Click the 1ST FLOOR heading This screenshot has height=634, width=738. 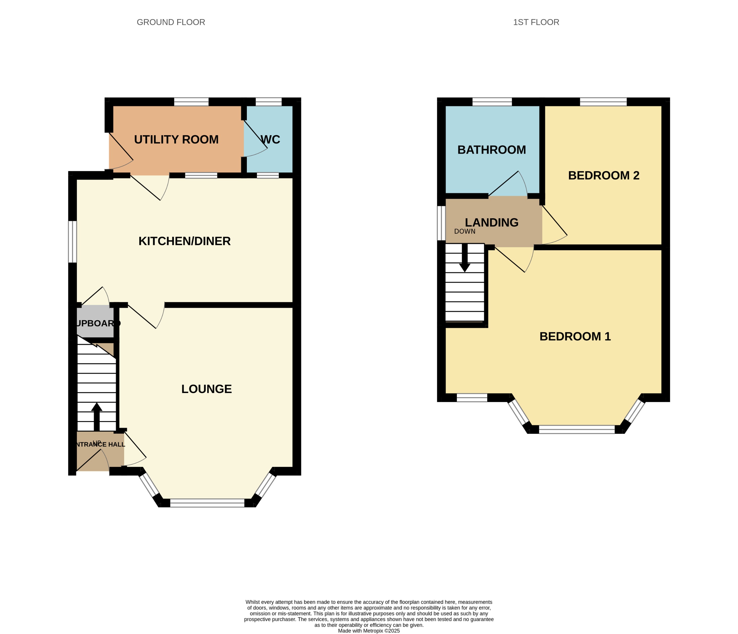pyautogui.click(x=536, y=22)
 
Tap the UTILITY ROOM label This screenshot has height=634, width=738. pyautogui.click(x=176, y=139)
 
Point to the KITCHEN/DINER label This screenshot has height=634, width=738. pyautogui.click(x=184, y=241)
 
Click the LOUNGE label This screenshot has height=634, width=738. pyautogui.click(x=207, y=389)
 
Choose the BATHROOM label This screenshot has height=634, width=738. pyautogui.click(x=491, y=150)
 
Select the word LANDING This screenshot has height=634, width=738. pyautogui.click(x=491, y=222)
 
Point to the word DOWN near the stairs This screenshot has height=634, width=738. pyautogui.click(x=464, y=231)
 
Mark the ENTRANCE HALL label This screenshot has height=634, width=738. pyautogui.click(x=100, y=444)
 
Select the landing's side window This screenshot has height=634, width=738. pyautogui.click(x=441, y=223)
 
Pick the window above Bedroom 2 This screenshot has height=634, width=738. pyautogui.click(x=603, y=102)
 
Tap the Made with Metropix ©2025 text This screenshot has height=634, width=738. pyautogui.click(x=369, y=631)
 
